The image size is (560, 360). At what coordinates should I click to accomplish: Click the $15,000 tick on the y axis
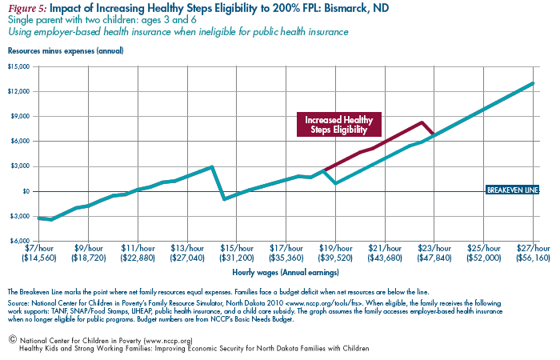tap(18, 66)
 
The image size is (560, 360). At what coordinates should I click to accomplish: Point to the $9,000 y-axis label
tap(20, 117)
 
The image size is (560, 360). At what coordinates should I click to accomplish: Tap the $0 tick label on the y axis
tap(26, 191)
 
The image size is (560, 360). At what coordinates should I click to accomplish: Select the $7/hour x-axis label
tap(39, 248)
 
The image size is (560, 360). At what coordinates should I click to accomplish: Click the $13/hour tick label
tap(187, 248)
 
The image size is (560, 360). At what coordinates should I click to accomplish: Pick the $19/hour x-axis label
tap(335, 248)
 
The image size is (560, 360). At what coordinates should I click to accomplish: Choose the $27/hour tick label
tap(534, 248)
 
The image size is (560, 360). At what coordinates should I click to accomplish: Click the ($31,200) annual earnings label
tap(237, 258)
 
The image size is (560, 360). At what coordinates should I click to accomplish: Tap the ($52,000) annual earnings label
tap(484, 258)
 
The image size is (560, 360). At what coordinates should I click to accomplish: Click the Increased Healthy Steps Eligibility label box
tap(339, 125)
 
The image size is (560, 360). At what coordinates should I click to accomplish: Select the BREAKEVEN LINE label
tap(513, 190)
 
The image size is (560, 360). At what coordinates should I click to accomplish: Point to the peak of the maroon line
tap(422, 122)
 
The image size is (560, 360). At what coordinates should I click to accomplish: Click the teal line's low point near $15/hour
tap(224, 199)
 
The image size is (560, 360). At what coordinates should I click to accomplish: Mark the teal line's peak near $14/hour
tap(212, 166)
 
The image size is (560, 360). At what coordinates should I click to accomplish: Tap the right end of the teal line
tap(534, 83)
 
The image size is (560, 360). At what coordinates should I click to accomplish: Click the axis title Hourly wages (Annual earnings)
tap(286, 273)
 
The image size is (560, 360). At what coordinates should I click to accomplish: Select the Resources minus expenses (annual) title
tap(66, 51)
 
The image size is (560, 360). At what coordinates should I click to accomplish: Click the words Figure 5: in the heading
tap(27, 9)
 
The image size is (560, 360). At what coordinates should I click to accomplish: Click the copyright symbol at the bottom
tap(13, 339)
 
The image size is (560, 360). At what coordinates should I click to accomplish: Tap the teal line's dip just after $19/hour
tap(335, 183)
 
